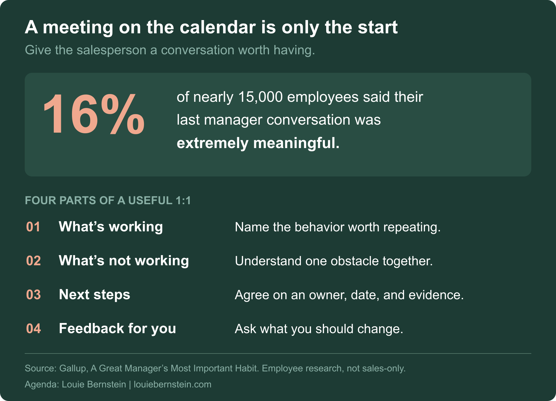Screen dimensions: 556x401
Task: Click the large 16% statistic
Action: tap(94, 114)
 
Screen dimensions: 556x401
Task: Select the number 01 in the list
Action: tap(33, 227)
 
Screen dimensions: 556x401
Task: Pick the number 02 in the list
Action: tap(33, 261)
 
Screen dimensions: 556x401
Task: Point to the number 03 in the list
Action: tap(33, 295)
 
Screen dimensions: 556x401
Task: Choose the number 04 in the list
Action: tap(33, 329)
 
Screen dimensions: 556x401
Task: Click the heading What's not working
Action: tap(124, 261)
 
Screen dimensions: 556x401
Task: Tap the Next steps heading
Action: tap(95, 295)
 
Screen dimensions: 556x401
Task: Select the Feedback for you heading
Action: tap(117, 329)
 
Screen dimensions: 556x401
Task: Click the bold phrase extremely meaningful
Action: tap(258, 143)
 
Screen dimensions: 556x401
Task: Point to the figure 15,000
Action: tap(260, 97)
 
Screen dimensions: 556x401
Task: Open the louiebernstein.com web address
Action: tap(172, 385)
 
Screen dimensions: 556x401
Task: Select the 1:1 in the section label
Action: tap(183, 200)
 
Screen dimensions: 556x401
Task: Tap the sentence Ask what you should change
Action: tap(319, 329)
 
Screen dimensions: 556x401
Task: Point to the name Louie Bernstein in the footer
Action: tap(94, 385)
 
